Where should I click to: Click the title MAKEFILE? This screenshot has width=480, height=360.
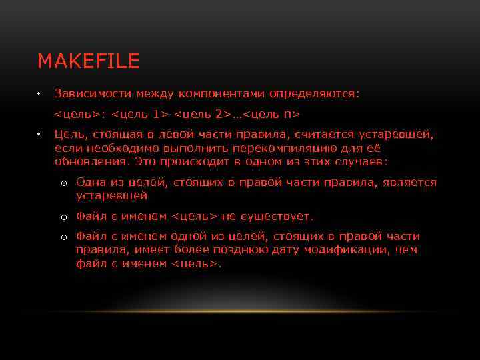88,61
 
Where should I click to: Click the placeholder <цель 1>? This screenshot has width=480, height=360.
141,114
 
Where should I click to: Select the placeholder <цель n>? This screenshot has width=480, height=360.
272,114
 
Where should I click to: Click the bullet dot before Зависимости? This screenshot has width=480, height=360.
40,93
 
